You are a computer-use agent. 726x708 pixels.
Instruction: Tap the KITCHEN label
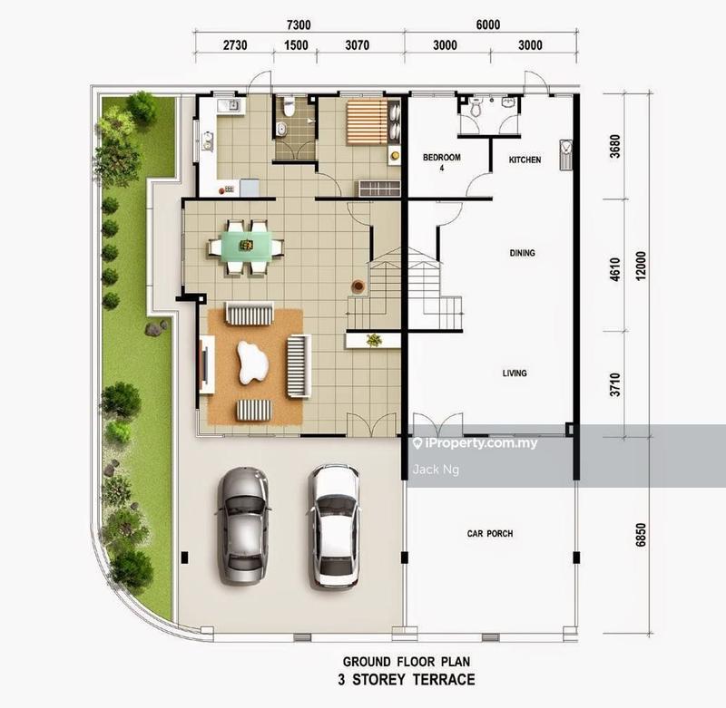525,160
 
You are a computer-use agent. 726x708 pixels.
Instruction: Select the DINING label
522,253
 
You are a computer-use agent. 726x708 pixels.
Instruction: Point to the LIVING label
515,373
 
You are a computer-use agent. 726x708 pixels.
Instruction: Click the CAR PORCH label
489,534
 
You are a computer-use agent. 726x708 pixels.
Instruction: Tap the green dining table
246,245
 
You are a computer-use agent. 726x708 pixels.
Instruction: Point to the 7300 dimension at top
299,26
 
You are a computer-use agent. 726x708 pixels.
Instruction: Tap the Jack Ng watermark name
433,469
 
